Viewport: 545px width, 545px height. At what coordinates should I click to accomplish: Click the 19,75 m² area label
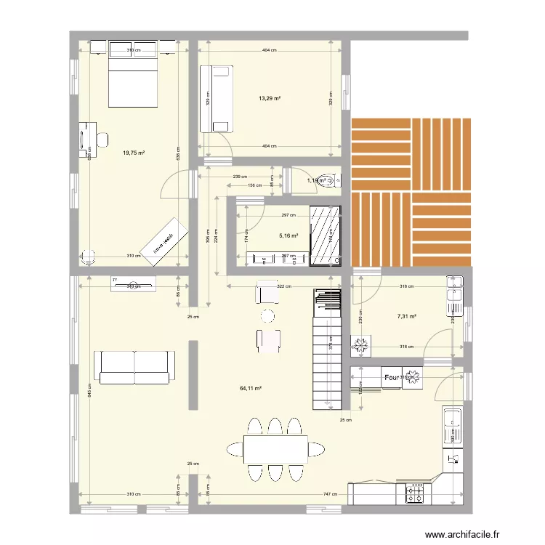134,153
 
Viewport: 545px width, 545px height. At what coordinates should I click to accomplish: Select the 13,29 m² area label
270,99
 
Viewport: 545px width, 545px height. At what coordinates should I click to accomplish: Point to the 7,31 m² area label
407,316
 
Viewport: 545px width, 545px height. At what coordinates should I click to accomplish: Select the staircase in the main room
326,349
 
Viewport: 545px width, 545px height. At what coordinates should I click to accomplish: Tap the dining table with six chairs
275,449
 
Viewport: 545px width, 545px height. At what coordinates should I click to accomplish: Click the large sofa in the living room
134,367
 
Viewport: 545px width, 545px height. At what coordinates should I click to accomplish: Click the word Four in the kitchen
391,378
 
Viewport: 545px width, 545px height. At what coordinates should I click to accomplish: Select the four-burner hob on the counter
416,494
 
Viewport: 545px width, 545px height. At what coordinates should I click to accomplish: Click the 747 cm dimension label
329,494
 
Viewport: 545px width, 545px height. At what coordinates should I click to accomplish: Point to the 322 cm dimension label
283,286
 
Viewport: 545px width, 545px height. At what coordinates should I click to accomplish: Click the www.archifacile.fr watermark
463,534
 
